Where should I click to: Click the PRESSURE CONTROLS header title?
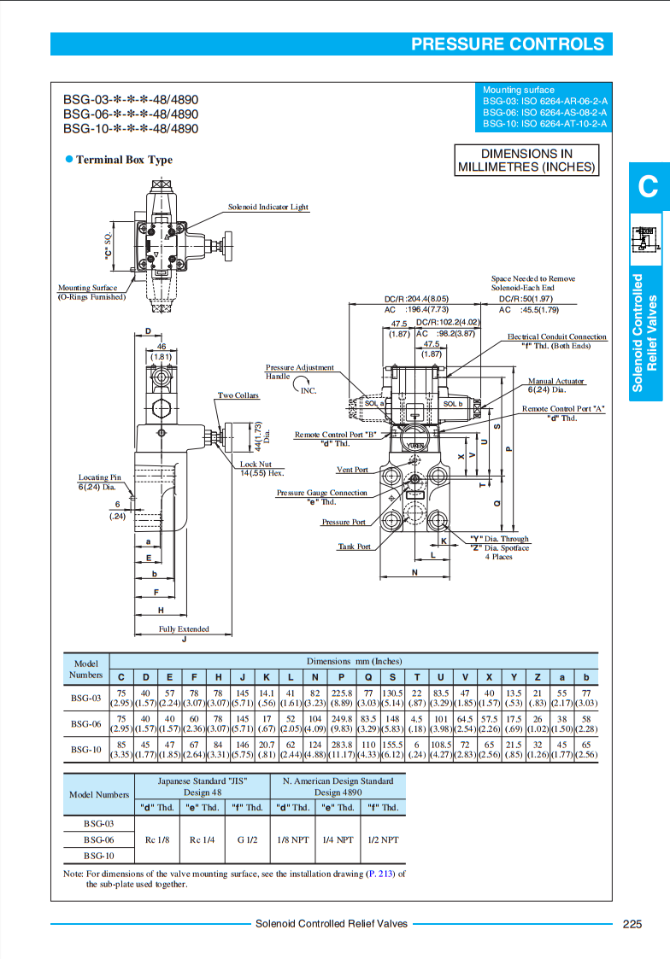[507, 44]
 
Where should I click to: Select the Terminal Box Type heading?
[124, 160]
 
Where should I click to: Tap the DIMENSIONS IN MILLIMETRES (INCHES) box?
[526, 161]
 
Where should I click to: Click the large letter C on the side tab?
[648, 186]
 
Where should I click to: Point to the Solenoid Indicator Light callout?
[268, 208]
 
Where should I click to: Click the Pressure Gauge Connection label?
[321, 493]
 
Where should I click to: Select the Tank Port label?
[354, 547]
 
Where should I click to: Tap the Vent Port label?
[352, 470]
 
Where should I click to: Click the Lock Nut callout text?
[256, 464]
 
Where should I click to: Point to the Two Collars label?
[238, 395]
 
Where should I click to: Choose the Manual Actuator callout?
[556, 381]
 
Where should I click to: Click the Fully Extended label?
[184, 629]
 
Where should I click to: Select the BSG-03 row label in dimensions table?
[85, 698]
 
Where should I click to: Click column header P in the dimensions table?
[341, 676]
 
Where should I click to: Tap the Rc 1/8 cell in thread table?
[157, 839]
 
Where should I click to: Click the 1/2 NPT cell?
[383, 839]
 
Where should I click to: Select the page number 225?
[632, 924]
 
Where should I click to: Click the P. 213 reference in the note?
[382, 874]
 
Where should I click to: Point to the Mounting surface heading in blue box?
[518, 90]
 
